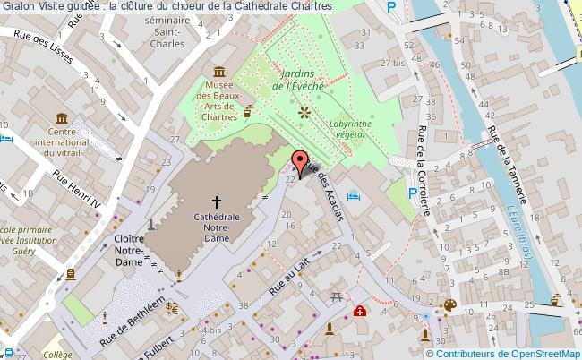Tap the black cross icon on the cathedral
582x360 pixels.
(x=216, y=201)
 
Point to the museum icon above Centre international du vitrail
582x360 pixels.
(x=61, y=119)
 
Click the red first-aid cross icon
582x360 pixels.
(x=359, y=311)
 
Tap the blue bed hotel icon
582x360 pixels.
(x=354, y=194)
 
